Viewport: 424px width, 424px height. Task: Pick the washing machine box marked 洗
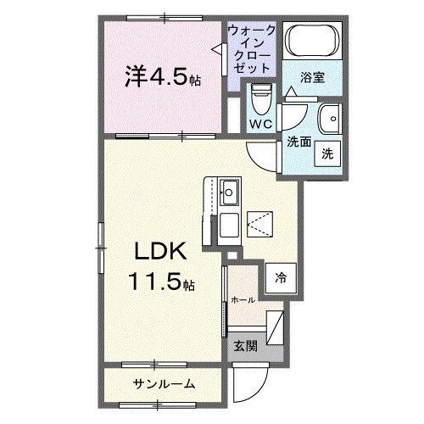pyautogui.click(x=326, y=153)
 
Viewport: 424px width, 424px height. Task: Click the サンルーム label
pyautogui.click(x=164, y=384)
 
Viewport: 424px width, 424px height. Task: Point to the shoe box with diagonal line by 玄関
pyautogui.click(x=276, y=326)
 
